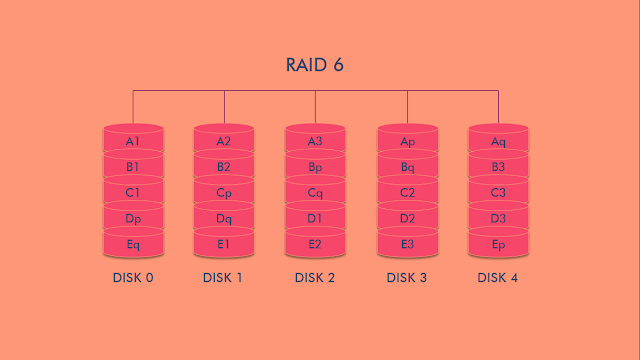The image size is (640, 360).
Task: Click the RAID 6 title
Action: (x=315, y=65)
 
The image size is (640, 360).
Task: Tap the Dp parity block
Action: (x=133, y=218)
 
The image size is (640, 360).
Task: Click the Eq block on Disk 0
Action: (x=133, y=243)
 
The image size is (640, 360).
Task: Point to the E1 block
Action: (x=224, y=243)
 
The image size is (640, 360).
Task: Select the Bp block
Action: (x=315, y=167)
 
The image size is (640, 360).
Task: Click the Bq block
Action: (x=407, y=167)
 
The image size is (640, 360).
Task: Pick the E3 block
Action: (x=407, y=243)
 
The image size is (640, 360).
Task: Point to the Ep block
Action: (x=498, y=243)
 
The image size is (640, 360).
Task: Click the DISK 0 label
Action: (x=133, y=277)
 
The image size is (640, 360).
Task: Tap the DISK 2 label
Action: (x=315, y=277)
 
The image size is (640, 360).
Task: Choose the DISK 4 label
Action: (x=498, y=277)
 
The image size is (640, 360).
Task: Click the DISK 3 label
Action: (x=407, y=277)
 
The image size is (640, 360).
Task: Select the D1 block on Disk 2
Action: (x=315, y=218)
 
